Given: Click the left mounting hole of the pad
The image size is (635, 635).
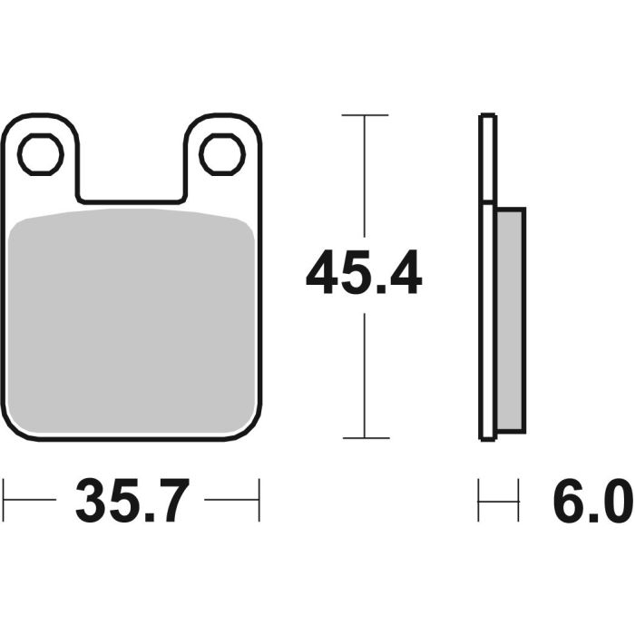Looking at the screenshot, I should [x=41, y=154].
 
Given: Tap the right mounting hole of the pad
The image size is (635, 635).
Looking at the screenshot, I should [x=222, y=154].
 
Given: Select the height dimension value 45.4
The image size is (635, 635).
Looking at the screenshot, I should [x=364, y=274].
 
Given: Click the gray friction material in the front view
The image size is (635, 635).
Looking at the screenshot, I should [x=132, y=317].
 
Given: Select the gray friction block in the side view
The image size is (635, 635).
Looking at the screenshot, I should [x=511, y=319].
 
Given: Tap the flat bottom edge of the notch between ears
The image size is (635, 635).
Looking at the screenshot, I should [x=132, y=200].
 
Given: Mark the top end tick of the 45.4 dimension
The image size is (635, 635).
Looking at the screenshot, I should [x=365, y=115].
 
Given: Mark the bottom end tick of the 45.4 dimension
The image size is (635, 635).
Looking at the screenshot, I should [x=365, y=438].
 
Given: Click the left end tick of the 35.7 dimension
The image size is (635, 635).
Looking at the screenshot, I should [x=5, y=500].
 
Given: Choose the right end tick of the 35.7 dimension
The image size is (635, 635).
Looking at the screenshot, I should [x=259, y=500].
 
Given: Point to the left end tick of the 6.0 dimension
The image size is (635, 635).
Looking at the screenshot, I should [x=480, y=500].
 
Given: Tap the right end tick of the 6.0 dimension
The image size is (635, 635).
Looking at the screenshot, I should [x=518, y=500].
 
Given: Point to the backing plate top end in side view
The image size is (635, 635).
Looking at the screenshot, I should [x=487, y=116].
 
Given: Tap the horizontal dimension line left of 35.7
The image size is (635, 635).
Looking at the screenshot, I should [x=32, y=500].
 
